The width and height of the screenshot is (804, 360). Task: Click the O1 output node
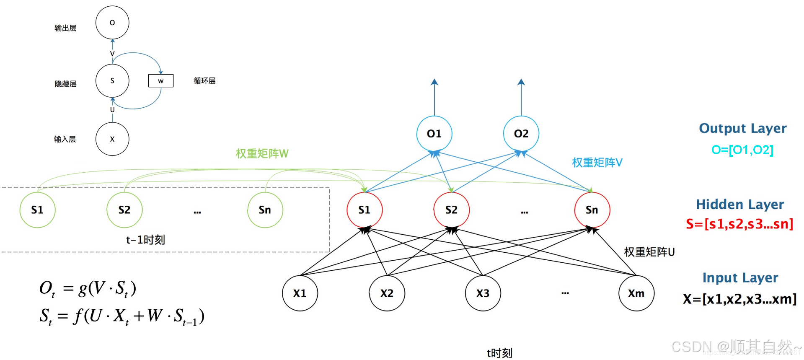tap(434, 134)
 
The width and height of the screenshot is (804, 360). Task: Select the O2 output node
tap(521, 134)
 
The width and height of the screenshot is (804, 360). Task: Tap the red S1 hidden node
tap(365, 210)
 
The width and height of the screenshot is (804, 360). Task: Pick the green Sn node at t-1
tap(265, 210)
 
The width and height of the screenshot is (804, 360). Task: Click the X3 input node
tap(483, 293)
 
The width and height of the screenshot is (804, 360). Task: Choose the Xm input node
tap(636, 293)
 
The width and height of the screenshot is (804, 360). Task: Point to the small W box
tap(161, 81)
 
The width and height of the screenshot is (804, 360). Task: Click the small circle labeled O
tap(112, 23)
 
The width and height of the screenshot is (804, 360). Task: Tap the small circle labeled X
tap(112, 139)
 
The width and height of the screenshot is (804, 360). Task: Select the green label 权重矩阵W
tap(262, 154)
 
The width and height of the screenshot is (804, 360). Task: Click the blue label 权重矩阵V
tap(597, 163)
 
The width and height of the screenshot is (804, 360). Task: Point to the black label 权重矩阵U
tap(649, 252)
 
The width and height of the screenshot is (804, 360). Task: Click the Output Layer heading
tap(742, 128)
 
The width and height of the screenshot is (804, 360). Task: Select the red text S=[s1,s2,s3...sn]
tap(739, 224)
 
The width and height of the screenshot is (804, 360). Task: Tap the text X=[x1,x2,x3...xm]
tap(739, 299)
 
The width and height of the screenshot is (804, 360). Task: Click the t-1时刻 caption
tap(145, 240)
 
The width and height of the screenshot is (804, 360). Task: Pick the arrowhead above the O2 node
tap(521, 82)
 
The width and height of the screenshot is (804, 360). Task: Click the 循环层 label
tap(204, 81)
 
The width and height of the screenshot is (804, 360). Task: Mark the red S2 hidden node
tap(451, 210)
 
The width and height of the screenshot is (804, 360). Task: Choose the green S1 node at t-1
tap(37, 210)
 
